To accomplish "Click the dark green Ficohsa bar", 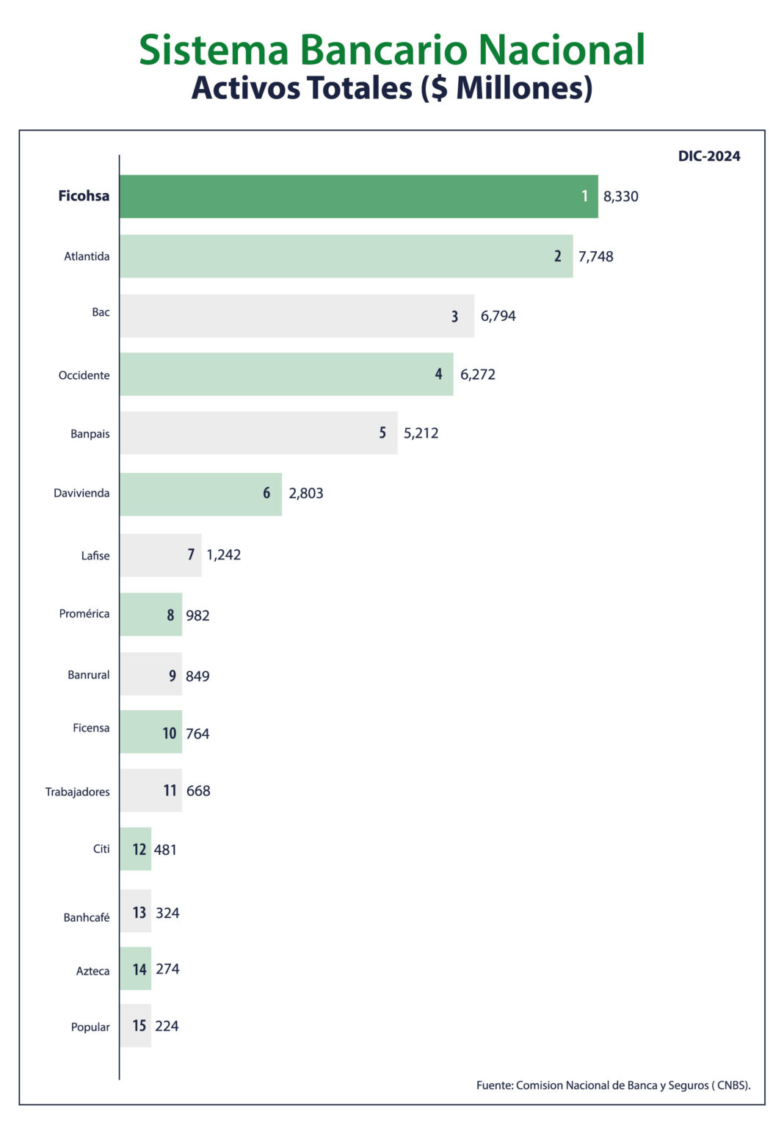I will tap(358, 196).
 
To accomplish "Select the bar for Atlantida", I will tap(346, 256).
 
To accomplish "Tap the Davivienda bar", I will tap(200, 494).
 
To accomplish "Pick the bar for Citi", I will tap(135, 849).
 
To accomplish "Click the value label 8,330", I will tap(621, 197).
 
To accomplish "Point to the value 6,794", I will tap(498, 316).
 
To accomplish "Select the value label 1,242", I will tap(224, 555).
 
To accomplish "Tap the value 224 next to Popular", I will tap(167, 1027).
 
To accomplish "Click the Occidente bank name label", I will tap(84, 375).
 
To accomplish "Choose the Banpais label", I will tap(90, 434).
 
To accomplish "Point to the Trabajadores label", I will tap(78, 792).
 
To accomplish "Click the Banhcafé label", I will tap(87, 917).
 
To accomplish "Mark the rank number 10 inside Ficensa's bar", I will tap(170, 734).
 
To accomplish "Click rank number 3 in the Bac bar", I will tap(455, 316).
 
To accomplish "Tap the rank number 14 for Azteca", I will tap(139, 970).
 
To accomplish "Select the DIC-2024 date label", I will tap(709, 156).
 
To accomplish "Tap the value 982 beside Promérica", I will tap(197, 615).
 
